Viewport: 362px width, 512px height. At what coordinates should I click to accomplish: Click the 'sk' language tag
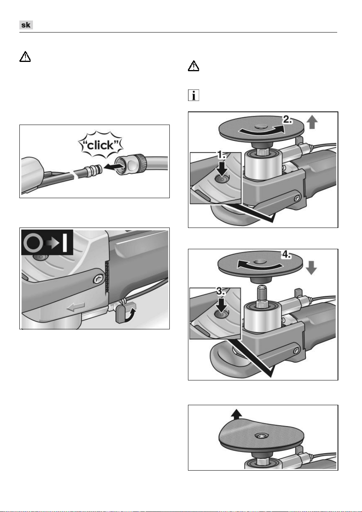pyautogui.click(x=26, y=25)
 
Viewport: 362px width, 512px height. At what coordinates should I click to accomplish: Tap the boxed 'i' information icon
pyautogui.click(x=193, y=95)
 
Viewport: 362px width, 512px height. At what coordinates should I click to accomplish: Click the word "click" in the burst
pyautogui.click(x=101, y=145)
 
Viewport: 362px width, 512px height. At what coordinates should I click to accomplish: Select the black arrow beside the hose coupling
pyautogui.click(x=113, y=166)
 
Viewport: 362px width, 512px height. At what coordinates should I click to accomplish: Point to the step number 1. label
pyautogui.click(x=221, y=155)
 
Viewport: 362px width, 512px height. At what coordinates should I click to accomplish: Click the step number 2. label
pyautogui.click(x=287, y=119)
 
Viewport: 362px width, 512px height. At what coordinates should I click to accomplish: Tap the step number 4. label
pyautogui.click(x=286, y=254)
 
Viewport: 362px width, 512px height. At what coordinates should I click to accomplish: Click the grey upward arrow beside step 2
pyautogui.click(x=312, y=122)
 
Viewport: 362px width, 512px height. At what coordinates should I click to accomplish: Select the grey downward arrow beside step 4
pyautogui.click(x=311, y=268)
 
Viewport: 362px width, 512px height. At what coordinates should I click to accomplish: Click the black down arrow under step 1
pyautogui.click(x=222, y=170)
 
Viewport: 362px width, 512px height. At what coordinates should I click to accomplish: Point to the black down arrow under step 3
pyautogui.click(x=221, y=305)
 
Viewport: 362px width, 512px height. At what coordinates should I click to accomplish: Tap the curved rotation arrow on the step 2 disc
pyautogui.click(x=262, y=131)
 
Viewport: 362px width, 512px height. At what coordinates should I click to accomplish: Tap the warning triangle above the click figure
pyautogui.click(x=25, y=57)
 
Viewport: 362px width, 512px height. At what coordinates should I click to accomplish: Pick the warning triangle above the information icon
pyautogui.click(x=193, y=66)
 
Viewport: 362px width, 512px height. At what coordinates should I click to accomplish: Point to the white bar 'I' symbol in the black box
pyautogui.click(x=65, y=242)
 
